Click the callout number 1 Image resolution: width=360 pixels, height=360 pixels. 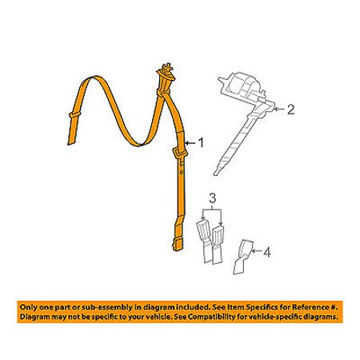[x=202, y=142]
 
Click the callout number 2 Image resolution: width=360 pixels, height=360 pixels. [x=290, y=110]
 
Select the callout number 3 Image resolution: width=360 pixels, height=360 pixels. [x=212, y=198]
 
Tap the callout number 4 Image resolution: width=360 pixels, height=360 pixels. [x=267, y=252]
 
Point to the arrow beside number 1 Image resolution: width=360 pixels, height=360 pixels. [x=190, y=143]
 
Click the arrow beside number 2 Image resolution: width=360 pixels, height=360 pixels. [x=279, y=110]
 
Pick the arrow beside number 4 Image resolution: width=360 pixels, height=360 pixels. [x=256, y=250]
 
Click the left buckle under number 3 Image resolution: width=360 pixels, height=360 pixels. [x=204, y=241]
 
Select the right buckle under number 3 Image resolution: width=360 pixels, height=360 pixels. [x=218, y=244]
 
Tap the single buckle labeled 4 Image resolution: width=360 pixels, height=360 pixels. [x=242, y=257]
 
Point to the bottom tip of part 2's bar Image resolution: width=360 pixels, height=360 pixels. [x=216, y=174]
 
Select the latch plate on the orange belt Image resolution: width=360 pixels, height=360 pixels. [x=180, y=154]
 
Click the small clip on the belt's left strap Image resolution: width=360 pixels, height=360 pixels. [x=74, y=114]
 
